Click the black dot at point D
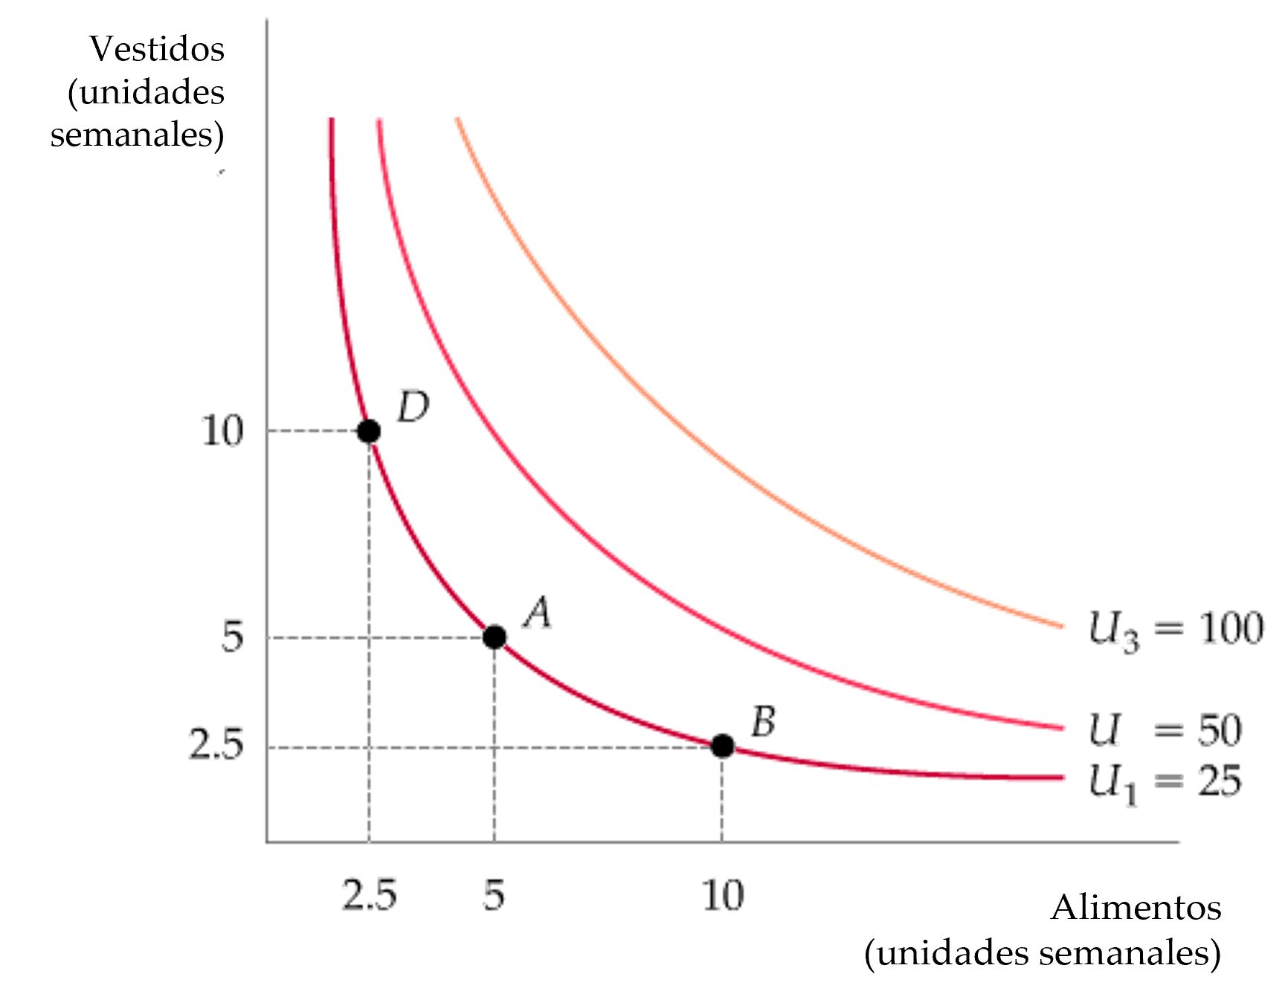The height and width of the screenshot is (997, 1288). (x=367, y=430)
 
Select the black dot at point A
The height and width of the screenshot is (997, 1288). (x=495, y=636)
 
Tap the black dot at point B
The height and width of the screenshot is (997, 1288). (x=722, y=745)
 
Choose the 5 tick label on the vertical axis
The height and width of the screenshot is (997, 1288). (x=233, y=638)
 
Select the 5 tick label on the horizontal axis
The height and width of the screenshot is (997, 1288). (x=495, y=894)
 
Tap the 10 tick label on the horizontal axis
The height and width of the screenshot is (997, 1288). (x=724, y=894)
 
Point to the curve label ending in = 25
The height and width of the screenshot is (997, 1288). (x=1166, y=783)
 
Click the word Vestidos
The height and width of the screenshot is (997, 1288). (x=157, y=49)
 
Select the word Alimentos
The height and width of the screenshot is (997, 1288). (x=1136, y=908)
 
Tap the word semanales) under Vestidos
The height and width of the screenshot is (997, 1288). (x=138, y=136)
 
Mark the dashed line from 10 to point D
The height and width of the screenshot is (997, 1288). (x=312, y=430)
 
